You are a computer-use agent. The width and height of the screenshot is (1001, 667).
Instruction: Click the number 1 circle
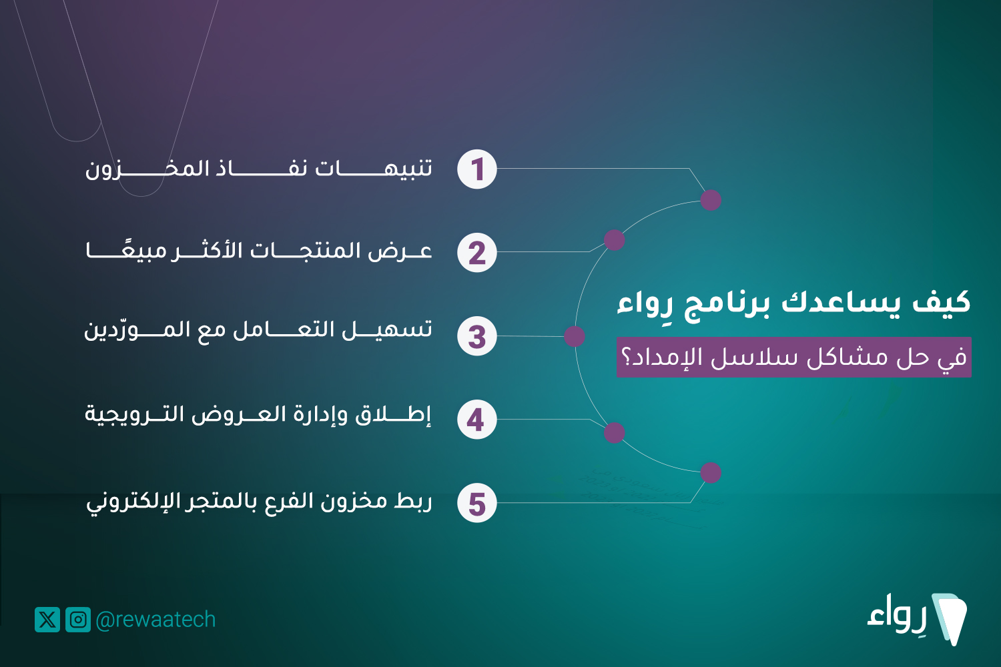(x=477, y=169)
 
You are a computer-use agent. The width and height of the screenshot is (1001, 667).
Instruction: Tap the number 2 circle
(x=477, y=252)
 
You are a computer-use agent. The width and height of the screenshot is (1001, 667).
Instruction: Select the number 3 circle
(x=477, y=336)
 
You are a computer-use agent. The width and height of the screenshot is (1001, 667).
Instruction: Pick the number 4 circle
(x=477, y=419)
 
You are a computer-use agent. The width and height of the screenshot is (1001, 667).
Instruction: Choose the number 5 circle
(x=477, y=503)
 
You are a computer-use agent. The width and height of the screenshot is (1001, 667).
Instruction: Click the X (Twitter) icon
(x=47, y=620)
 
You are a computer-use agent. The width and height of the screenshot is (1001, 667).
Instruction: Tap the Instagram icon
(x=78, y=620)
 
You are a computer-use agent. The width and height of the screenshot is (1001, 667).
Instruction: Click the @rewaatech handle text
(x=155, y=620)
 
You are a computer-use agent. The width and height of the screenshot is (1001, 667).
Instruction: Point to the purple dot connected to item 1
(x=711, y=199)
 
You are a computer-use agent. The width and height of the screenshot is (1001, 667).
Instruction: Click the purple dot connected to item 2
(x=614, y=240)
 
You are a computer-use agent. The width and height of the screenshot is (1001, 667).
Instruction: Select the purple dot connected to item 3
(x=574, y=336)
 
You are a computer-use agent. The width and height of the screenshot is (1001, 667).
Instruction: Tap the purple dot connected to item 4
(x=614, y=432)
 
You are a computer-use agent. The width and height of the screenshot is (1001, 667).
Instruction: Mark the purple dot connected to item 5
(x=711, y=473)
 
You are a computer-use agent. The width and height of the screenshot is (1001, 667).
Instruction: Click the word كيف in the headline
(x=941, y=301)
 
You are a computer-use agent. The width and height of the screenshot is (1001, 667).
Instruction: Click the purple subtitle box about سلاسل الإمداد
(x=793, y=357)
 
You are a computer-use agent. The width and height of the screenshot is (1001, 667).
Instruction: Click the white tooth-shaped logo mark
(x=949, y=619)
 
